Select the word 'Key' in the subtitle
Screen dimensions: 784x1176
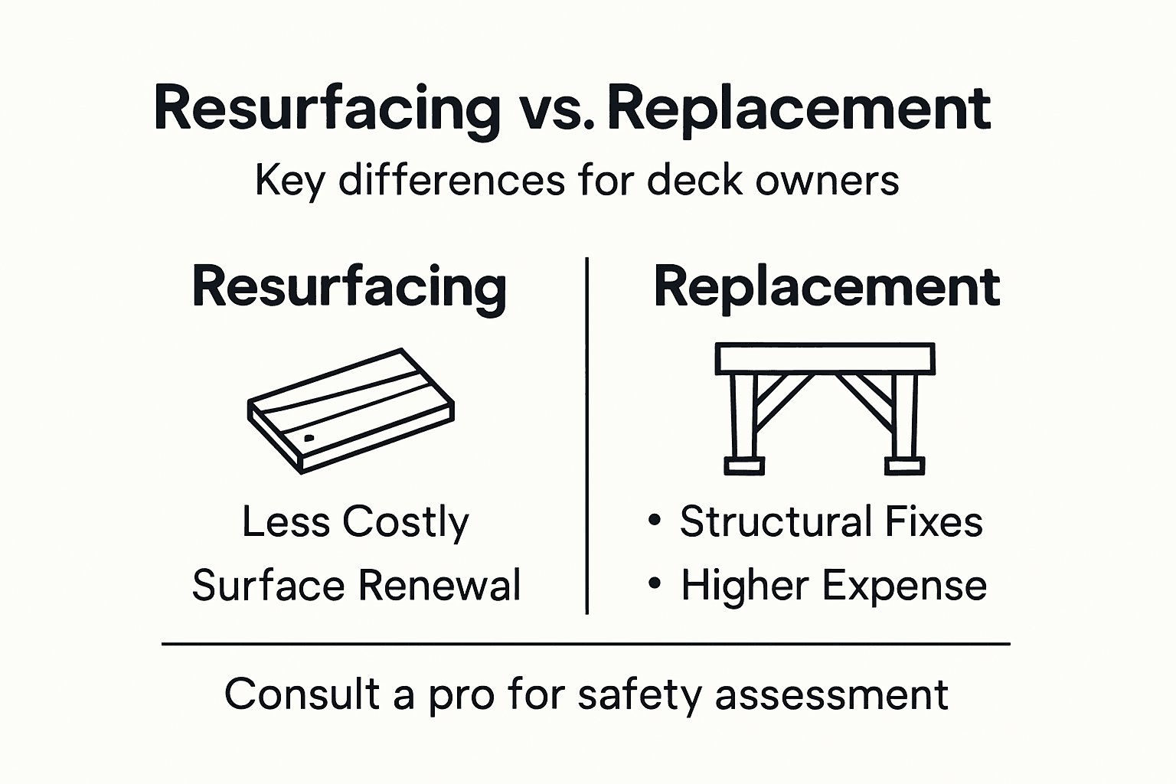pos(289,181)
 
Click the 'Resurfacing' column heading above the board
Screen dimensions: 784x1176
pos(349,287)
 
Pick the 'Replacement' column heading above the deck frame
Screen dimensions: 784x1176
pos(826,287)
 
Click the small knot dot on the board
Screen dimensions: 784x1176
pos(309,439)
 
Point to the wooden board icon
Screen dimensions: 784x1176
pos(351,410)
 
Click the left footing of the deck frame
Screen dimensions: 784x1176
pos(743,465)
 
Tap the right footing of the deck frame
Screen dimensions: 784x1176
pos(904,465)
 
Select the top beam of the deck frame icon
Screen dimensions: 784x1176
pos(825,358)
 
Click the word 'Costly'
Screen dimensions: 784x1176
pos(405,523)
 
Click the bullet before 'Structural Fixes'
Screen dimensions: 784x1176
pos(654,521)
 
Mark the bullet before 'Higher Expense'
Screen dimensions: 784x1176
pos(654,584)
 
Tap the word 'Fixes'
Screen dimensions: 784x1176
pos(933,522)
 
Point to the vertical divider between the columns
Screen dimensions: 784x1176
pos(586,436)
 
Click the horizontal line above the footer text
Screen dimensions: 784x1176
pos(586,644)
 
